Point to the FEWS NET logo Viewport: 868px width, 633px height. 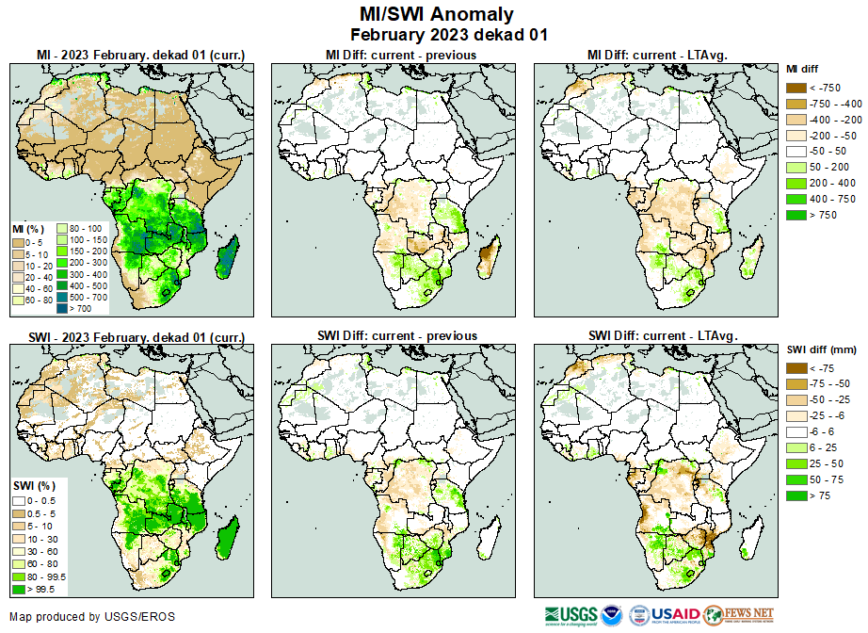click(x=738, y=615)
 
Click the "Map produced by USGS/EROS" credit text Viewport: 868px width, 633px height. click(x=92, y=617)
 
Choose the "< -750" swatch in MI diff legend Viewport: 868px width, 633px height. click(x=798, y=88)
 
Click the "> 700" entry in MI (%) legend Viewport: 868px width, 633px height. click(x=72, y=308)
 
